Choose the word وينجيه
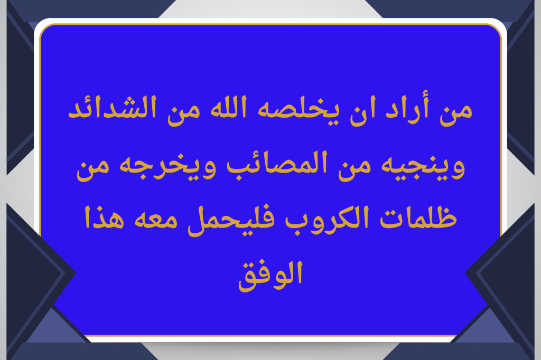423,166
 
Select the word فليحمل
231,220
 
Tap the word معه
156,220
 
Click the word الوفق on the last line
270,276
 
